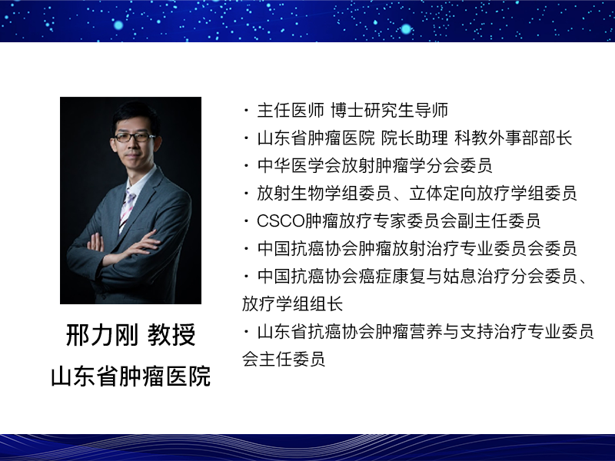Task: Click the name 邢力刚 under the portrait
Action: (x=102, y=335)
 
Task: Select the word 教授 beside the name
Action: (x=171, y=335)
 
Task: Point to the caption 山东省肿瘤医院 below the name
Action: (x=131, y=376)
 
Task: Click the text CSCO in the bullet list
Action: (x=281, y=221)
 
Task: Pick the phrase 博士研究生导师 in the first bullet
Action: (x=390, y=111)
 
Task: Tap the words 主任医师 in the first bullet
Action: (x=291, y=111)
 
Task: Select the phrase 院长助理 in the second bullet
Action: (x=414, y=138)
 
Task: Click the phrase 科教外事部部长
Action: (x=514, y=138)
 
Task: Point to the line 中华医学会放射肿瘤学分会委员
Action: (x=374, y=166)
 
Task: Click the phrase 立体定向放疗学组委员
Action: (x=493, y=194)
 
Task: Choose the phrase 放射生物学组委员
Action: (x=324, y=194)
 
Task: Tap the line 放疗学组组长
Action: (x=293, y=303)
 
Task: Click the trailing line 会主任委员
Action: (x=284, y=359)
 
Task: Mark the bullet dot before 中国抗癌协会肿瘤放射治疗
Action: (x=246, y=248)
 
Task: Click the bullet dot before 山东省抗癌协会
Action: (x=246, y=332)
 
